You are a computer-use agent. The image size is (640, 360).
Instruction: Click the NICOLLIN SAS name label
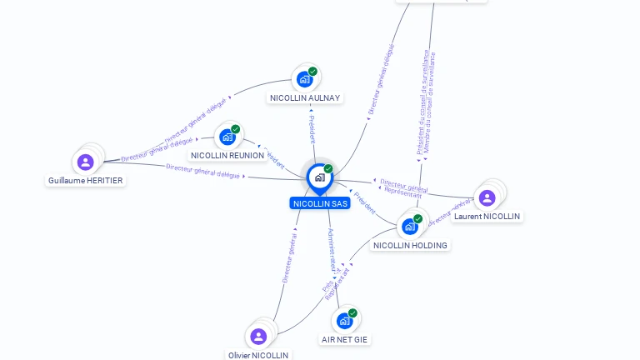tap(320, 203)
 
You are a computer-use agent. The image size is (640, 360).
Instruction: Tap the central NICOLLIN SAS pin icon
tap(319, 177)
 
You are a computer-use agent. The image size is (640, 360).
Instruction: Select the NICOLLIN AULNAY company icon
tap(304, 79)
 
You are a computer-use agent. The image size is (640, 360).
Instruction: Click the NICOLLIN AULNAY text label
tap(305, 97)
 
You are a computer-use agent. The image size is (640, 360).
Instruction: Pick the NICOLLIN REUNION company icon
tap(227, 137)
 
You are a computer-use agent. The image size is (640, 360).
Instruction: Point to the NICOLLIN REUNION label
tap(227, 155)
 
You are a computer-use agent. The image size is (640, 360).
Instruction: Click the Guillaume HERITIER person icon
tap(85, 162)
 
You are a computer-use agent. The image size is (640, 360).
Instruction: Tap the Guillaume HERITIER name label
tap(86, 180)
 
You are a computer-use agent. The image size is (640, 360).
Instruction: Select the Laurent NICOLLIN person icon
tap(487, 197)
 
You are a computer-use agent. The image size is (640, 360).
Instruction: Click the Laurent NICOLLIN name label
tap(487, 216)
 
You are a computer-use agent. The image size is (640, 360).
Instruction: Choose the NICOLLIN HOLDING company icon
tap(410, 226)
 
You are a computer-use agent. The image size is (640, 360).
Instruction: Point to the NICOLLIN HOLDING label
tap(411, 245)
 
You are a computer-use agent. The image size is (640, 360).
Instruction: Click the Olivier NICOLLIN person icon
tap(258, 336)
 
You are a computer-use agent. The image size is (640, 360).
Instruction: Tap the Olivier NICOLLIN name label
tap(258, 355)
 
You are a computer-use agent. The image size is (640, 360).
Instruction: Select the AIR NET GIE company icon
tap(344, 321)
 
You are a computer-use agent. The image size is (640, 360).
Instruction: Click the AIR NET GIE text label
tap(345, 339)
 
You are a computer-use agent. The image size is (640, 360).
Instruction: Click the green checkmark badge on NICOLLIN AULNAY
tap(312, 72)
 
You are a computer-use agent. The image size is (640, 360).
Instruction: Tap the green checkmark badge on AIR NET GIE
tap(352, 313)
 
